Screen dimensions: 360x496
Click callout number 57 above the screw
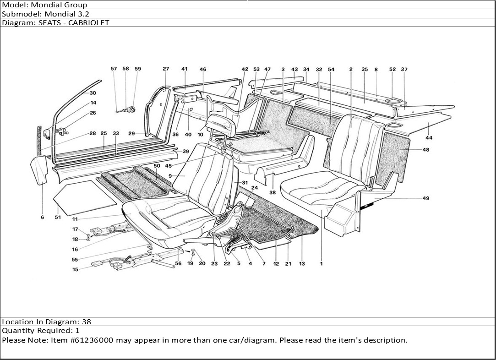(x=114, y=69)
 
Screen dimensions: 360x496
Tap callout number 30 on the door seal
(x=93, y=93)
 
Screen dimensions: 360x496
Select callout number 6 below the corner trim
(x=42, y=218)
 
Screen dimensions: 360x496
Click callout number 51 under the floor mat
(x=58, y=218)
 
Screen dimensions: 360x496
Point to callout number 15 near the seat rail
(x=75, y=269)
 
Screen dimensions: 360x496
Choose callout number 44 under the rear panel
(x=429, y=137)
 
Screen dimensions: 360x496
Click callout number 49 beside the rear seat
(x=426, y=198)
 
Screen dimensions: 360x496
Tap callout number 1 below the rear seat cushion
(x=322, y=264)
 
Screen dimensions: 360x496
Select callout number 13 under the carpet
(x=302, y=264)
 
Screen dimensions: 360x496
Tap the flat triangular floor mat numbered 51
(x=85, y=197)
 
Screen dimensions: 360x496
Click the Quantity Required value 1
(x=77, y=331)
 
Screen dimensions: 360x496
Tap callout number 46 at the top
(x=203, y=70)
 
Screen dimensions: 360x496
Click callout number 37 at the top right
(x=404, y=70)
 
